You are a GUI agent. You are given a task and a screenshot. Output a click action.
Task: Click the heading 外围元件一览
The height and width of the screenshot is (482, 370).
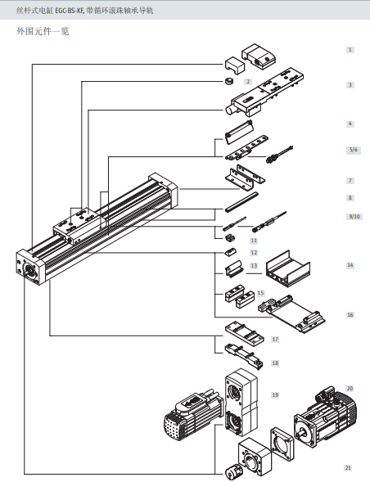click(43, 32)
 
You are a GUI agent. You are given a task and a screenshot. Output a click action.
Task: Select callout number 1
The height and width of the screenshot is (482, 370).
click(350, 50)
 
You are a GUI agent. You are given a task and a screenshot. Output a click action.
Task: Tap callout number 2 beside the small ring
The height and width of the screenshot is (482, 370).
click(248, 82)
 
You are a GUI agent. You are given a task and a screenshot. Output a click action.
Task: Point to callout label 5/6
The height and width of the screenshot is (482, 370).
click(353, 150)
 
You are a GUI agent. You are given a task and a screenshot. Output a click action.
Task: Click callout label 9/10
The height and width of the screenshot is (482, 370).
click(354, 216)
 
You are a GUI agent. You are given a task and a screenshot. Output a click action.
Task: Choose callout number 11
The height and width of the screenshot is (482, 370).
click(254, 241)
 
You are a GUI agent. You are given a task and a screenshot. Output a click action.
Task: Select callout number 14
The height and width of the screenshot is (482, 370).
click(350, 265)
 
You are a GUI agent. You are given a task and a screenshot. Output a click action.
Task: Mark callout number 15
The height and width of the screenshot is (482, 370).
click(260, 292)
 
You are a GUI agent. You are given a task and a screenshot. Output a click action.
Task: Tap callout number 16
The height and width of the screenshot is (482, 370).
click(350, 314)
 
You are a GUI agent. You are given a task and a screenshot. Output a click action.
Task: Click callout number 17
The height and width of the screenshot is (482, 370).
click(275, 339)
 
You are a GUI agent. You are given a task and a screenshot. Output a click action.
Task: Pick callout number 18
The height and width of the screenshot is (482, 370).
click(275, 362)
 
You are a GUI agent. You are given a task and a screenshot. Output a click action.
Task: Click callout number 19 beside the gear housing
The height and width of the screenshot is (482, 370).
click(275, 395)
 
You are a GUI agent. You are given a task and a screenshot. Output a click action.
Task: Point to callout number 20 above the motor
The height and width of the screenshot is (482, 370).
click(350, 388)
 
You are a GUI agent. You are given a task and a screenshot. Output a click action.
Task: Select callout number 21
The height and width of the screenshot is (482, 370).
click(348, 468)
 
